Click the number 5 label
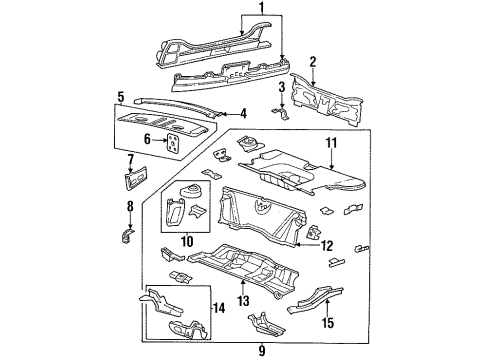click(x=120, y=97)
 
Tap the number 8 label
click(x=128, y=208)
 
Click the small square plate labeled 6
click(x=174, y=146)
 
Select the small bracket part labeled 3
click(x=283, y=114)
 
